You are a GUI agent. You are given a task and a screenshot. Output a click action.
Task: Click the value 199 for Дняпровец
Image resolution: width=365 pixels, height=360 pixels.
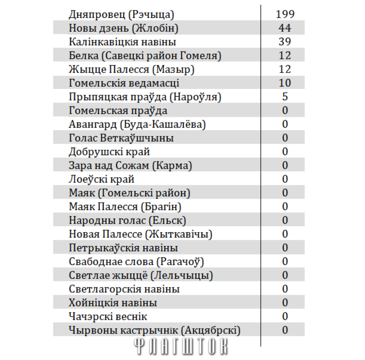tap(285, 14)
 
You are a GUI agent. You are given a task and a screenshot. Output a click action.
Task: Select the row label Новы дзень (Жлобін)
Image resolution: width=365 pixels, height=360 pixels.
tap(123, 28)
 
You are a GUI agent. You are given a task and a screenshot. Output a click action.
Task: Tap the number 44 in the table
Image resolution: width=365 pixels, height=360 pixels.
tap(285, 28)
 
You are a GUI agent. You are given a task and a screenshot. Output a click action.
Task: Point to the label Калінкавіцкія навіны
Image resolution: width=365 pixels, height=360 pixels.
tap(123, 42)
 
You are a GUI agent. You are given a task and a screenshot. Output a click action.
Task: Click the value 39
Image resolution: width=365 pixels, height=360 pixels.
tap(285, 42)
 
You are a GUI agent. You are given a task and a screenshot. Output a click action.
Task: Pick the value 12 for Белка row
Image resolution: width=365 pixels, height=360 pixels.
tap(285, 56)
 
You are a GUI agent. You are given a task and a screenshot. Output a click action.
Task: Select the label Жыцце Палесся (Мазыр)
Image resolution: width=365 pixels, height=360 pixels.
tap(132, 69)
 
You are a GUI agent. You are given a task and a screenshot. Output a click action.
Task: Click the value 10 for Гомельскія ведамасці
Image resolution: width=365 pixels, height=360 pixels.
tap(285, 83)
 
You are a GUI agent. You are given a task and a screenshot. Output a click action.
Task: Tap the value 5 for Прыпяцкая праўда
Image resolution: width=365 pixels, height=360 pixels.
tap(285, 97)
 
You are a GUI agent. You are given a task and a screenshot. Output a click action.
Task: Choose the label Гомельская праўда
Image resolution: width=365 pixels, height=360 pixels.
tap(118, 110)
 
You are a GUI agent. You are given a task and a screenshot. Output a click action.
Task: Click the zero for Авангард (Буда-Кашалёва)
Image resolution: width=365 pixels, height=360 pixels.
tap(285, 124)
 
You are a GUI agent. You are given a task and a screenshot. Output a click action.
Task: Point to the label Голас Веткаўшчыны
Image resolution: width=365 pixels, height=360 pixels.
tap(121, 138)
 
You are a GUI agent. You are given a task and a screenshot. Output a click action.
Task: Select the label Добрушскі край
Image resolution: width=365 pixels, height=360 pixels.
tap(109, 152)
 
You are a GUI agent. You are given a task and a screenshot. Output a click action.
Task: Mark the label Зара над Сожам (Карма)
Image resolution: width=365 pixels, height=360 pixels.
tap(130, 165)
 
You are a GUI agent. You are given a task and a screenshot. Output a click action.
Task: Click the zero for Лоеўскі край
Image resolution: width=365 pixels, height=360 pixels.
tap(285, 179)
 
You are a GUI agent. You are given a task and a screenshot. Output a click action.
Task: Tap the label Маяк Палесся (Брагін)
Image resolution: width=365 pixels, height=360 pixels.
tap(125, 207)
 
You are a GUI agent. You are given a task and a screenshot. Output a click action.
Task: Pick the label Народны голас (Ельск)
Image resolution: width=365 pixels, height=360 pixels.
tap(127, 221)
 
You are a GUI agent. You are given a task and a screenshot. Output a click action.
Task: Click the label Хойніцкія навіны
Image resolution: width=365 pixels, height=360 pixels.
tap(113, 303)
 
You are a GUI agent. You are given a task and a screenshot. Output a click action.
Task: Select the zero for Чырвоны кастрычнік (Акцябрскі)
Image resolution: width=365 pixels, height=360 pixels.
tap(285, 330)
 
